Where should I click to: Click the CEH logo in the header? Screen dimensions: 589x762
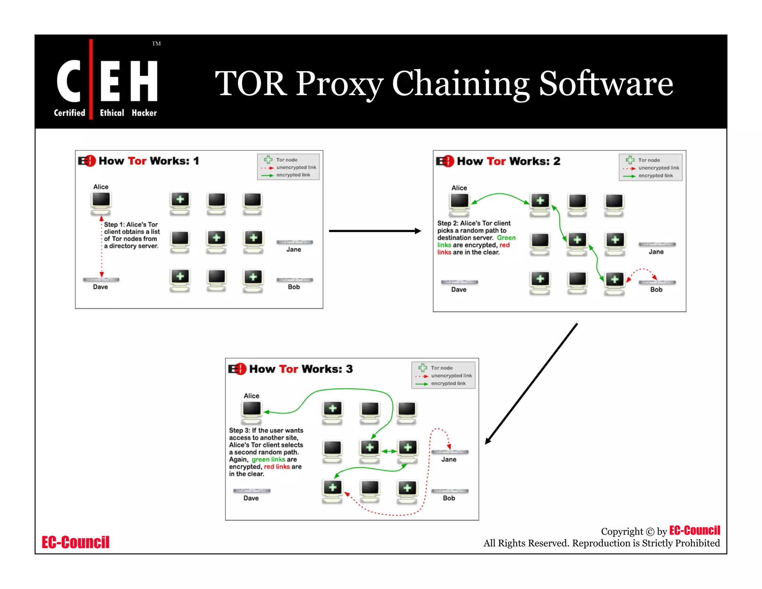107,82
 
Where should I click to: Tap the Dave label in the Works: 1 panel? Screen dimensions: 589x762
100,287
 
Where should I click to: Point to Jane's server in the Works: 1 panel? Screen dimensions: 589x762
295,242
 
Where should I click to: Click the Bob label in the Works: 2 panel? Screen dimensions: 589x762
656,290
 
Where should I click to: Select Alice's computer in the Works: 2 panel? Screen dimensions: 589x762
460,204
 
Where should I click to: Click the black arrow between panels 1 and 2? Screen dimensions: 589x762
375,231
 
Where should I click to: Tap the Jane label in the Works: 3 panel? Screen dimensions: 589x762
449,459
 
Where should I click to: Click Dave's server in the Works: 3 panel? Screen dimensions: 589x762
252,491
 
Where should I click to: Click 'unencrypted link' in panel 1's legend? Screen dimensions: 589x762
296,168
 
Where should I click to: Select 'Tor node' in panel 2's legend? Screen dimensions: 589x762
649,160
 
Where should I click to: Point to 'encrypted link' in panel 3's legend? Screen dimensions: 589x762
448,383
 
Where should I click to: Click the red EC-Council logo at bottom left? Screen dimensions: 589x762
76,542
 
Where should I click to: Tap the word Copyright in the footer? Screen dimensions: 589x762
622,531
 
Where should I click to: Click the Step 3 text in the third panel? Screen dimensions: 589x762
266,452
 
